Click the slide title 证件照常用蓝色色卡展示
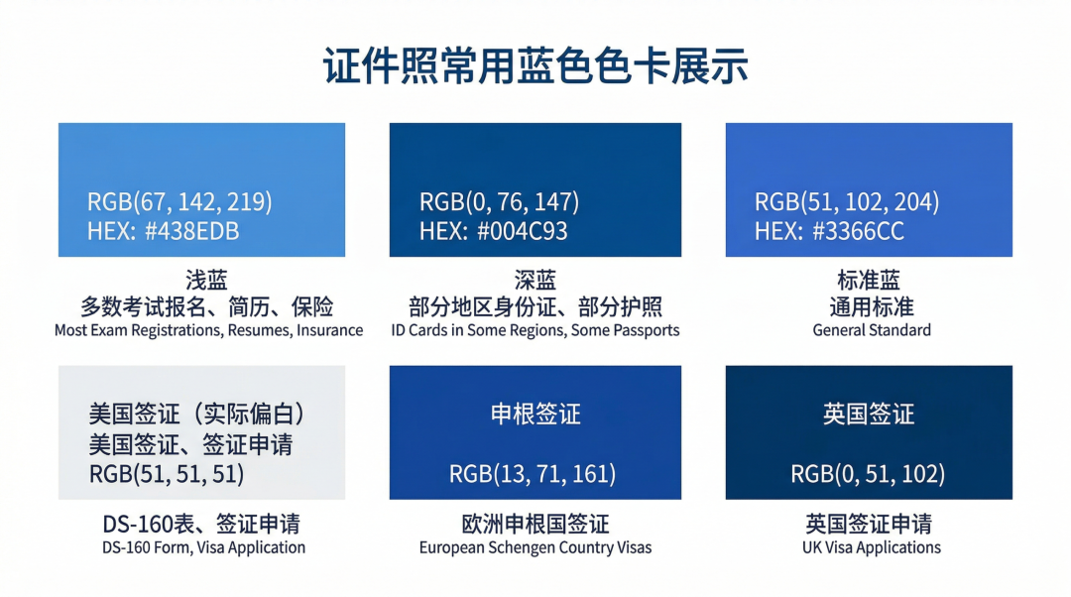(x=535, y=66)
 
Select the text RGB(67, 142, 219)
(x=179, y=202)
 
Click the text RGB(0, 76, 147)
(x=499, y=202)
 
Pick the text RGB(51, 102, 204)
(x=847, y=202)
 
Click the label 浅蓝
(x=206, y=280)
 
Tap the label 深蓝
(x=535, y=280)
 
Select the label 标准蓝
(x=870, y=280)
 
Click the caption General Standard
(x=872, y=330)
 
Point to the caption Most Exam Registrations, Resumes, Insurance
(x=208, y=330)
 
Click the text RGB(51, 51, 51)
(x=167, y=474)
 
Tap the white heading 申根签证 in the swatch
(x=535, y=414)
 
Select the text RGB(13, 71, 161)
(x=533, y=474)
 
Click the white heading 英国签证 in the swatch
(x=869, y=414)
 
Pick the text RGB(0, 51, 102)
(x=868, y=474)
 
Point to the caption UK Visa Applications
(x=872, y=547)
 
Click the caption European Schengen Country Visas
(x=535, y=547)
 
